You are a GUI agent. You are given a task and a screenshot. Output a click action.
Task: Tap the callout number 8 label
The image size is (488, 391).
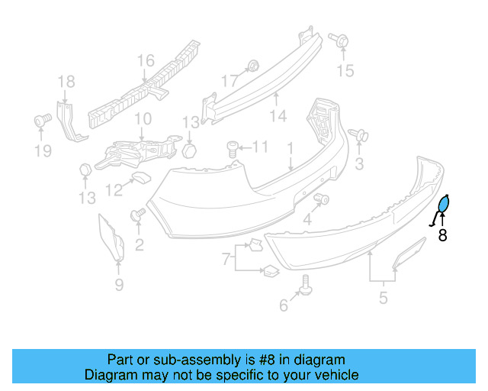click(x=442, y=235)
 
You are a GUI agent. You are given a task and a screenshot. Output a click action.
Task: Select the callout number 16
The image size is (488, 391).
click(x=145, y=60)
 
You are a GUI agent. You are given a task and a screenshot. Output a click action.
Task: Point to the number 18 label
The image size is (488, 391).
click(x=66, y=81)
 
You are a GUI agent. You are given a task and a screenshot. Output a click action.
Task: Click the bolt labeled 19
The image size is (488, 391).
click(x=43, y=120)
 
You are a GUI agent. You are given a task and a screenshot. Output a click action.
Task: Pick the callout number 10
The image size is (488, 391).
click(x=143, y=119)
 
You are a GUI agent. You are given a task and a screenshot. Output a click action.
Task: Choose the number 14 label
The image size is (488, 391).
click(x=278, y=116)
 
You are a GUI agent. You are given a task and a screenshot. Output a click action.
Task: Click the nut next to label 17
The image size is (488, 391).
click(x=254, y=65)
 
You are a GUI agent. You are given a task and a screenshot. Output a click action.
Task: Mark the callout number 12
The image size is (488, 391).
click(x=114, y=189)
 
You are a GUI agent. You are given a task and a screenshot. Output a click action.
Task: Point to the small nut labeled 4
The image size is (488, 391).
click(x=322, y=200)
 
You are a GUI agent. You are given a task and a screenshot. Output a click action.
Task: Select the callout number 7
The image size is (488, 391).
click(x=226, y=260)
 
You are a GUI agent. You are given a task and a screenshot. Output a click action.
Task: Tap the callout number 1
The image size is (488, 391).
click(x=290, y=147)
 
